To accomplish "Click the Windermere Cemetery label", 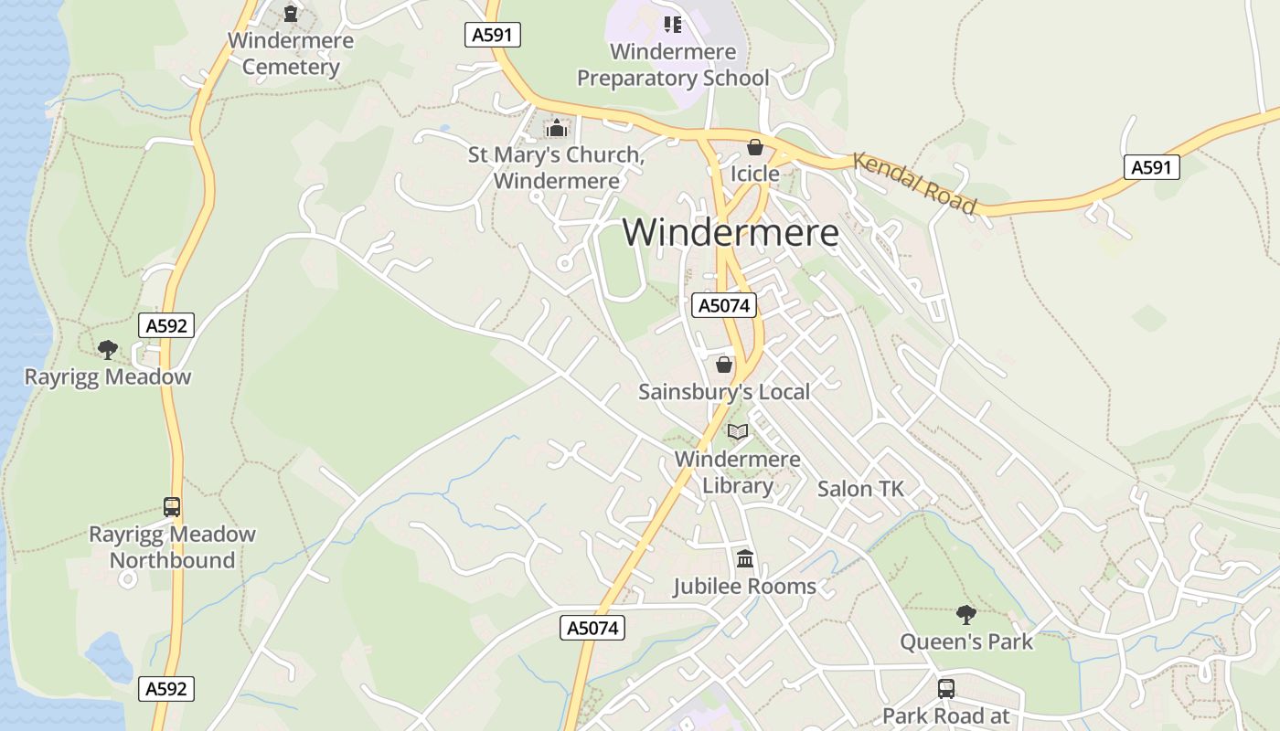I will (291, 54).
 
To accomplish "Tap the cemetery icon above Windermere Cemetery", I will (291, 14).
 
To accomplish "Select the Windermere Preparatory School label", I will (673, 65).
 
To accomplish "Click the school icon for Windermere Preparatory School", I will (673, 24).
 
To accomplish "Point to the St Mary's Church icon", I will (556, 128).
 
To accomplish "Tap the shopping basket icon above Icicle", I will (755, 146).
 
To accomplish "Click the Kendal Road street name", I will (915, 183).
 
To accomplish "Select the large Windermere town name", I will (731, 232).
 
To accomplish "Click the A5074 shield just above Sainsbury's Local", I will (724, 305).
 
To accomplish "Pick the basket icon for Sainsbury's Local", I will (724, 365).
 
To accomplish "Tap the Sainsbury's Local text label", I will (724, 392).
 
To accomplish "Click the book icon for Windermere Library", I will (738, 431).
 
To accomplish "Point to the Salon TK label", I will (860, 489).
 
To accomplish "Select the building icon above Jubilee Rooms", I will (745, 558).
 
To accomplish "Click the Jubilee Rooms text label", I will (745, 586).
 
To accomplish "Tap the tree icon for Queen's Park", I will (966, 614).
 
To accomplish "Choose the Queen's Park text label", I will (966, 641).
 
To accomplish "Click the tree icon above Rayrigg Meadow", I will (108, 349).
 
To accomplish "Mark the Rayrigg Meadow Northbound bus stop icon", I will (172, 506).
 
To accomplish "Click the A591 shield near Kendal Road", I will (1152, 167).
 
